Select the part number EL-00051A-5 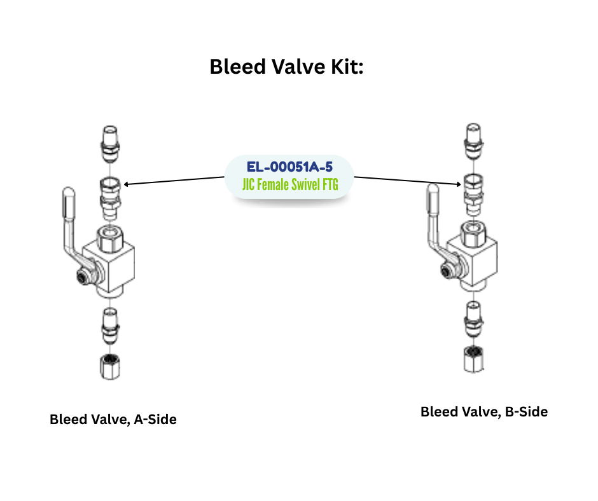coord(289,167)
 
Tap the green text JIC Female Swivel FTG coord(289,186)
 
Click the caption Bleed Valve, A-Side coord(113,420)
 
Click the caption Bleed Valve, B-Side coord(483,412)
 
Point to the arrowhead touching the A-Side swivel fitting coord(127,184)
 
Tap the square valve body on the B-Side coord(474,257)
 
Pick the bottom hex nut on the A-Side coord(109,367)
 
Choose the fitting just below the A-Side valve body coord(109,324)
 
